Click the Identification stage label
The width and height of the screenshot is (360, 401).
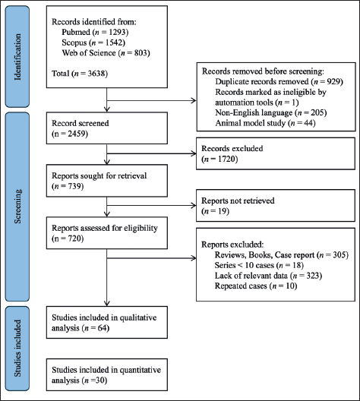[17, 57]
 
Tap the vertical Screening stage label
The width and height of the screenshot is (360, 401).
[17, 207]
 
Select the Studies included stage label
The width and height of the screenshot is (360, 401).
[17, 349]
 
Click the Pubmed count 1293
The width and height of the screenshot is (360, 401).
[117, 32]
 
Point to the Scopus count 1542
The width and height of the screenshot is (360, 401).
[114, 43]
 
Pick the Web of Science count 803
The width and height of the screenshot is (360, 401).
[141, 53]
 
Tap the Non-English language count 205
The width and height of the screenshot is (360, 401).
[317, 112]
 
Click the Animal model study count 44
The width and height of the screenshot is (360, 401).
[308, 123]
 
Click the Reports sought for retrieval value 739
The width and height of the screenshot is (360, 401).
[74, 186]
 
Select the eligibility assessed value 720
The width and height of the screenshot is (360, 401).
[74, 238]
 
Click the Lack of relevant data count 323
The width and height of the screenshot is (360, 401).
[313, 276]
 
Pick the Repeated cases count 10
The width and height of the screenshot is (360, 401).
[290, 286]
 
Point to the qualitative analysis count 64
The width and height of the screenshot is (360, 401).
[103, 328]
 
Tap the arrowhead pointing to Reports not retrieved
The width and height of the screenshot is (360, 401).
[194, 205]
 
